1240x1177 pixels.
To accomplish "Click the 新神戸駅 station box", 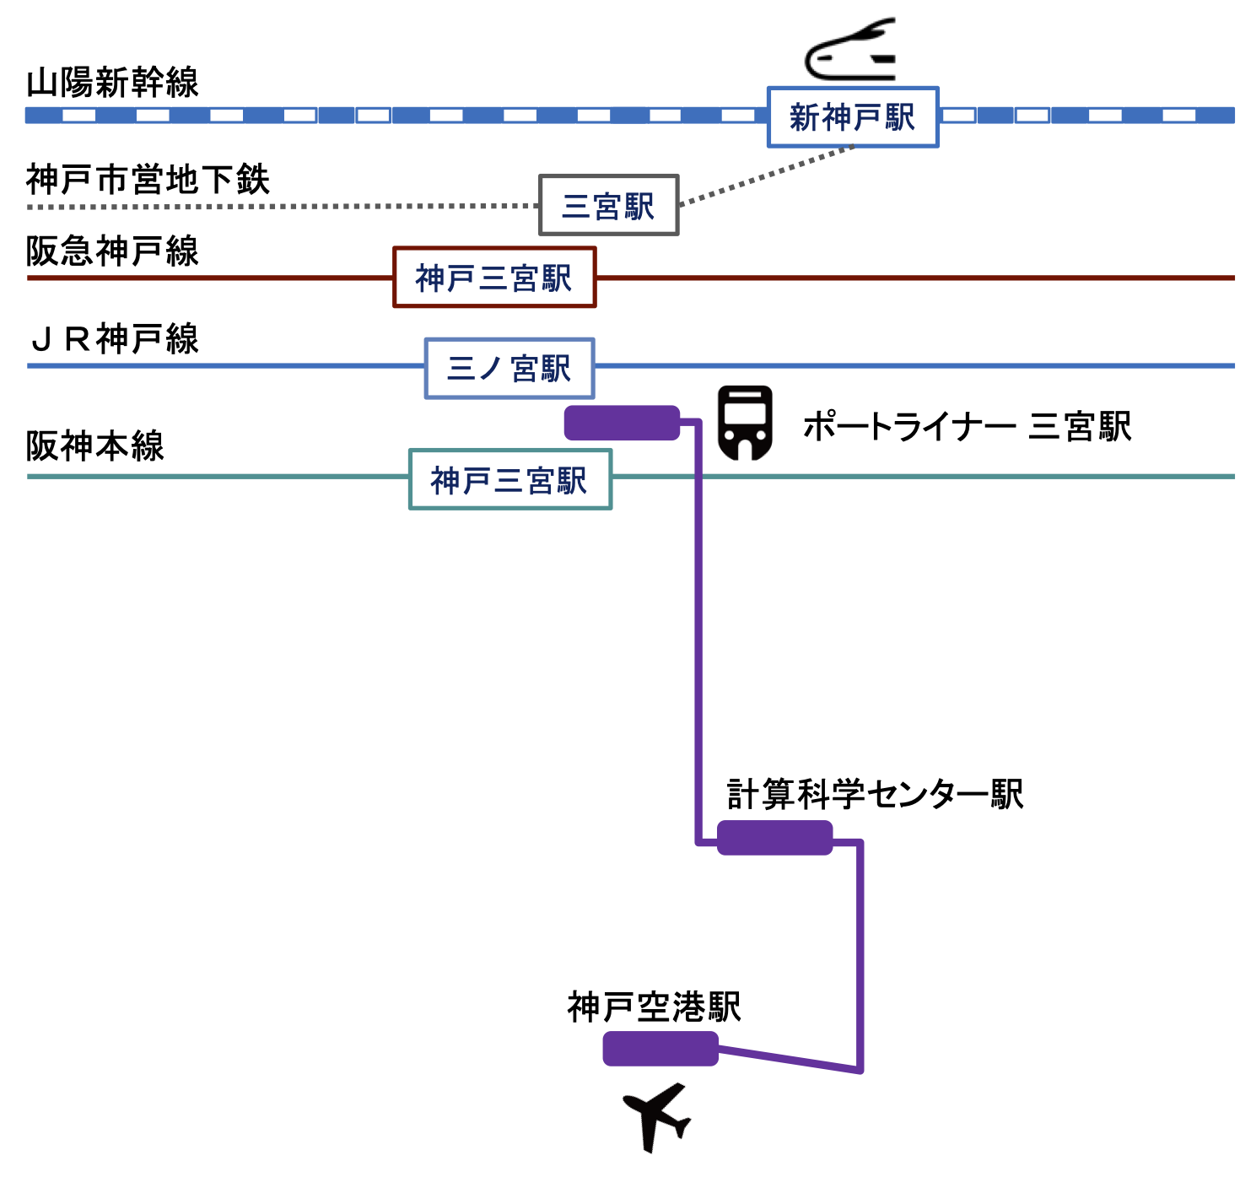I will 852,117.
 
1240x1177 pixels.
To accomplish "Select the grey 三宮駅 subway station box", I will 608,205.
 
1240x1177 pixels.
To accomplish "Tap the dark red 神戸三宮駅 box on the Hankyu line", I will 494,277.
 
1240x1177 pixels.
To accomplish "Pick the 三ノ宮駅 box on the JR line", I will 509,368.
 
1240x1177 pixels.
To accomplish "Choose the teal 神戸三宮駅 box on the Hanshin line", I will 510,479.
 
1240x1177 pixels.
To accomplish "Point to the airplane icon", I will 657,1117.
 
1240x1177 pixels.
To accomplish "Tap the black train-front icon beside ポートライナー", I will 745,422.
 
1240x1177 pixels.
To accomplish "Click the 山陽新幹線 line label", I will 112,83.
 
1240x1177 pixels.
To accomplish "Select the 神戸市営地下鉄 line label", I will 148,180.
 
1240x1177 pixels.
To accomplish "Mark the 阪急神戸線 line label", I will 112,251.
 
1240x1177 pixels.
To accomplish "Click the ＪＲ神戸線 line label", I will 115,339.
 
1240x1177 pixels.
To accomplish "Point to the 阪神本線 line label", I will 94,445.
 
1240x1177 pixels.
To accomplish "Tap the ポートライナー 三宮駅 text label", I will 966,426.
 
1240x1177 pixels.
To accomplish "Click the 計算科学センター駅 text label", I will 875,794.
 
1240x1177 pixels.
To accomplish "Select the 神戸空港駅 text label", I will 654,1007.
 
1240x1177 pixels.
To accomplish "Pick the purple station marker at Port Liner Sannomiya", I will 622,423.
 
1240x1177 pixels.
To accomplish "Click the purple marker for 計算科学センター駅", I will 774,838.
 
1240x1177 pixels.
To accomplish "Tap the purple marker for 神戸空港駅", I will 660,1049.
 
